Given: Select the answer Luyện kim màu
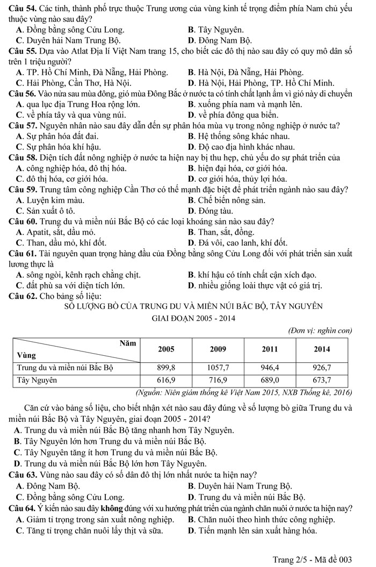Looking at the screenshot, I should (53, 200).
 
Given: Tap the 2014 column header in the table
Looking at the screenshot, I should (321, 348).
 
